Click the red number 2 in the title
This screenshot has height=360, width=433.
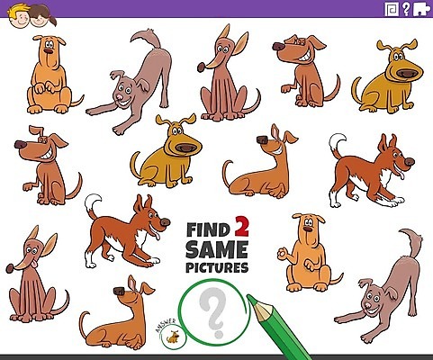[241, 226]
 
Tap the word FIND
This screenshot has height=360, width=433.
[208, 229]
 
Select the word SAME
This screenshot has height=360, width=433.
[217, 249]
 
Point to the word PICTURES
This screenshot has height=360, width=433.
[217, 267]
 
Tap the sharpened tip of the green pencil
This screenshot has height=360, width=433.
[248, 296]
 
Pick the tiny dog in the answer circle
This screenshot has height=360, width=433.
[173, 337]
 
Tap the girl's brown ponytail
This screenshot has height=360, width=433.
[51, 21]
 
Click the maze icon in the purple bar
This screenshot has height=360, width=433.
[392, 9]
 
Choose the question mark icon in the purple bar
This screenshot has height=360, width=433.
[406, 9]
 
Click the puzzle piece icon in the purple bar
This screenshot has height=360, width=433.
[421, 9]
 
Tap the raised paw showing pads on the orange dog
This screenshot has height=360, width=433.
[283, 254]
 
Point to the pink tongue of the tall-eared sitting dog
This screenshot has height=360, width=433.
[35, 264]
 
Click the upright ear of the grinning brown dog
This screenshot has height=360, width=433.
[36, 130]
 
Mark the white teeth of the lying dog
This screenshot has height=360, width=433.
[278, 150]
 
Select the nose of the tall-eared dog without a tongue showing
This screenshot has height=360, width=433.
[201, 67]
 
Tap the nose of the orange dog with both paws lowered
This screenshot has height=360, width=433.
[49, 50]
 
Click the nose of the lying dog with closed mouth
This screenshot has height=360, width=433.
[119, 291]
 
